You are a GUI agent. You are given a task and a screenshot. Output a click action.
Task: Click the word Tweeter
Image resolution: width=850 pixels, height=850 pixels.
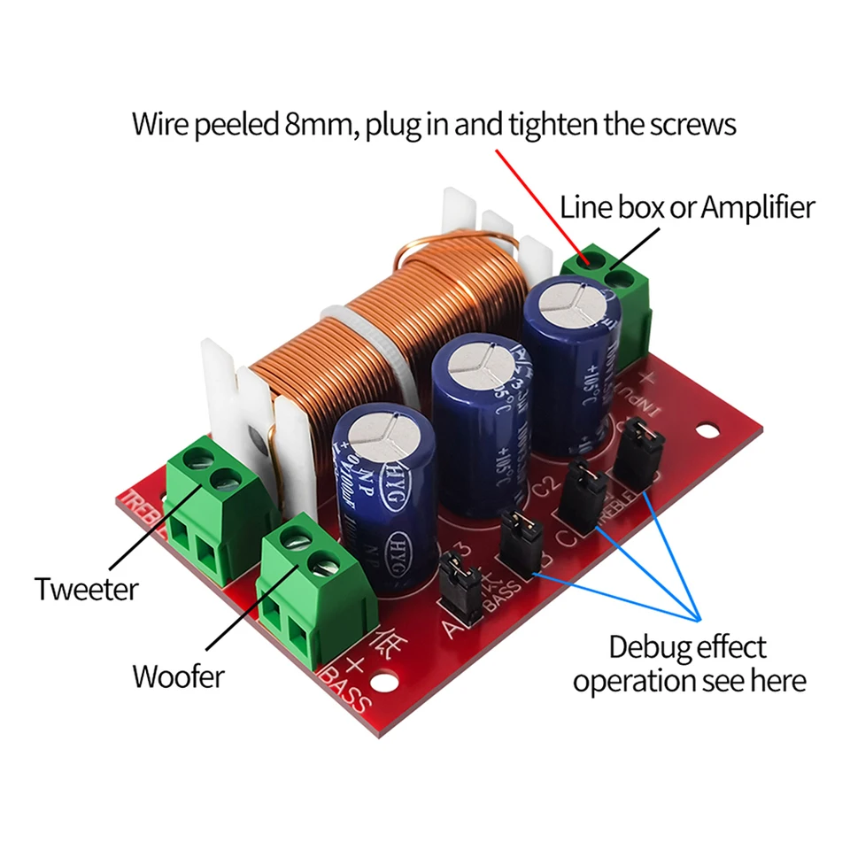(x=87, y=589)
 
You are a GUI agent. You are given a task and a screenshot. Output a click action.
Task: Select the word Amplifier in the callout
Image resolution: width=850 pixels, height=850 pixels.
(x=757, y=208)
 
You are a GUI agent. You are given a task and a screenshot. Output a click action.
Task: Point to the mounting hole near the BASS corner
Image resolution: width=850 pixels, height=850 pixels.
(x=383, y=684)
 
